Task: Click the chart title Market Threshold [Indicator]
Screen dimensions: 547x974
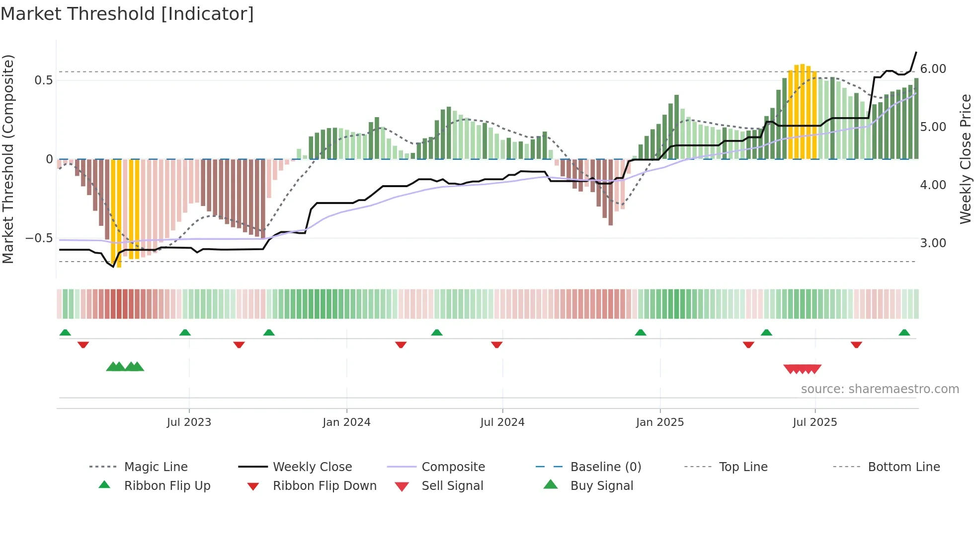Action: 127,14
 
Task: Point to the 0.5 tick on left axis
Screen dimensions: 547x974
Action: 44,80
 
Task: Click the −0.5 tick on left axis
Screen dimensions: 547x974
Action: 39,238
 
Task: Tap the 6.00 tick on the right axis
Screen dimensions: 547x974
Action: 933,69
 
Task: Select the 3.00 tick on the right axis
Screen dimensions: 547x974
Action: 933,243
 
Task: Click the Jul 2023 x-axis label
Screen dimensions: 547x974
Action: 189,422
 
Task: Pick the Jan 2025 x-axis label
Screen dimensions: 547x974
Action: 659,422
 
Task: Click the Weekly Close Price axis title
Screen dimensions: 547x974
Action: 965,159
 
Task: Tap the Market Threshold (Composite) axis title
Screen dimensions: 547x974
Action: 8,159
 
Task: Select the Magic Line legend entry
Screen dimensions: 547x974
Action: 156,467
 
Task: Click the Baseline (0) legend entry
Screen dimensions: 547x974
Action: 605,467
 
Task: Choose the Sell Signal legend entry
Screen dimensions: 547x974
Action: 452,486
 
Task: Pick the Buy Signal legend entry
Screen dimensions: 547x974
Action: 601,486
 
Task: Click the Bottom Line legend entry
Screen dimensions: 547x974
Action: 903,467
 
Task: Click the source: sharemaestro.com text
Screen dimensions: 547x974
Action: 880,389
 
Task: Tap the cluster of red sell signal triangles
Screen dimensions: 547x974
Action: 802,369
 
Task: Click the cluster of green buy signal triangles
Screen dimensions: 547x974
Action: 125,367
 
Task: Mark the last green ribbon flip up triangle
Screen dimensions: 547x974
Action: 904,333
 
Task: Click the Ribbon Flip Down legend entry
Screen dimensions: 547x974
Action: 324,486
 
